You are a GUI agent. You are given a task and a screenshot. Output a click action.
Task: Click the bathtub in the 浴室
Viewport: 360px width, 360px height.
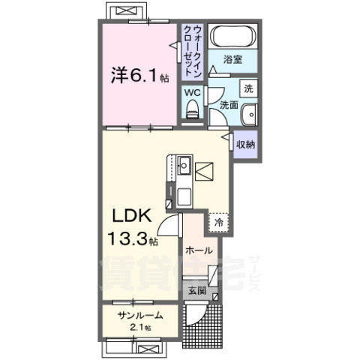(x=233, y=37)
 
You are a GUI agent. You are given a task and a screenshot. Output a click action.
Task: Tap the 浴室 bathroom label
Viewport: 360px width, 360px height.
(x=232, y=59)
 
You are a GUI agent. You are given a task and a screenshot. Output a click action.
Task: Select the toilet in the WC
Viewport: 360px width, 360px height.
(x=192, y=109)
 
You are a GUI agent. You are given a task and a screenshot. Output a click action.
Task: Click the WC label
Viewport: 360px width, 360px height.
(x=191, y=92)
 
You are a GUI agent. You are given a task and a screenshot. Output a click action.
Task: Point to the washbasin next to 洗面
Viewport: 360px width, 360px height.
(x=250, y=114)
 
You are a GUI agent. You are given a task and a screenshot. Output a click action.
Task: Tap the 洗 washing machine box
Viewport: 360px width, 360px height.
(x=250, y=88)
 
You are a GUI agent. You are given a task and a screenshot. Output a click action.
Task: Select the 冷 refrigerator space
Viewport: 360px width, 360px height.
(x=219, y=222)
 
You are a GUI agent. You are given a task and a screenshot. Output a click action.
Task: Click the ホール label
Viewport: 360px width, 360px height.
(x=199, y=250)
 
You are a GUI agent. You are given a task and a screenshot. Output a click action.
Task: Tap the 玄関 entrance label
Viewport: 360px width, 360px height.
(x=196, y=289)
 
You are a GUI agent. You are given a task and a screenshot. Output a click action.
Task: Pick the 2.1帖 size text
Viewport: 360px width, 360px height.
(x=138, y=328)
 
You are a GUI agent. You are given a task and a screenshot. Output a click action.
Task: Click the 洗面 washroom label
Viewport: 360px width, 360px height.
(x=229, y=106)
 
